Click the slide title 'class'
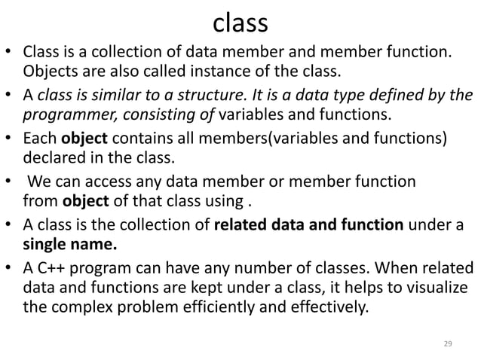pos(240,24)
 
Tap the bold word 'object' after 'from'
pos(84,201)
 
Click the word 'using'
pos(229,201)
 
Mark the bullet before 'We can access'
pos(14,182)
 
